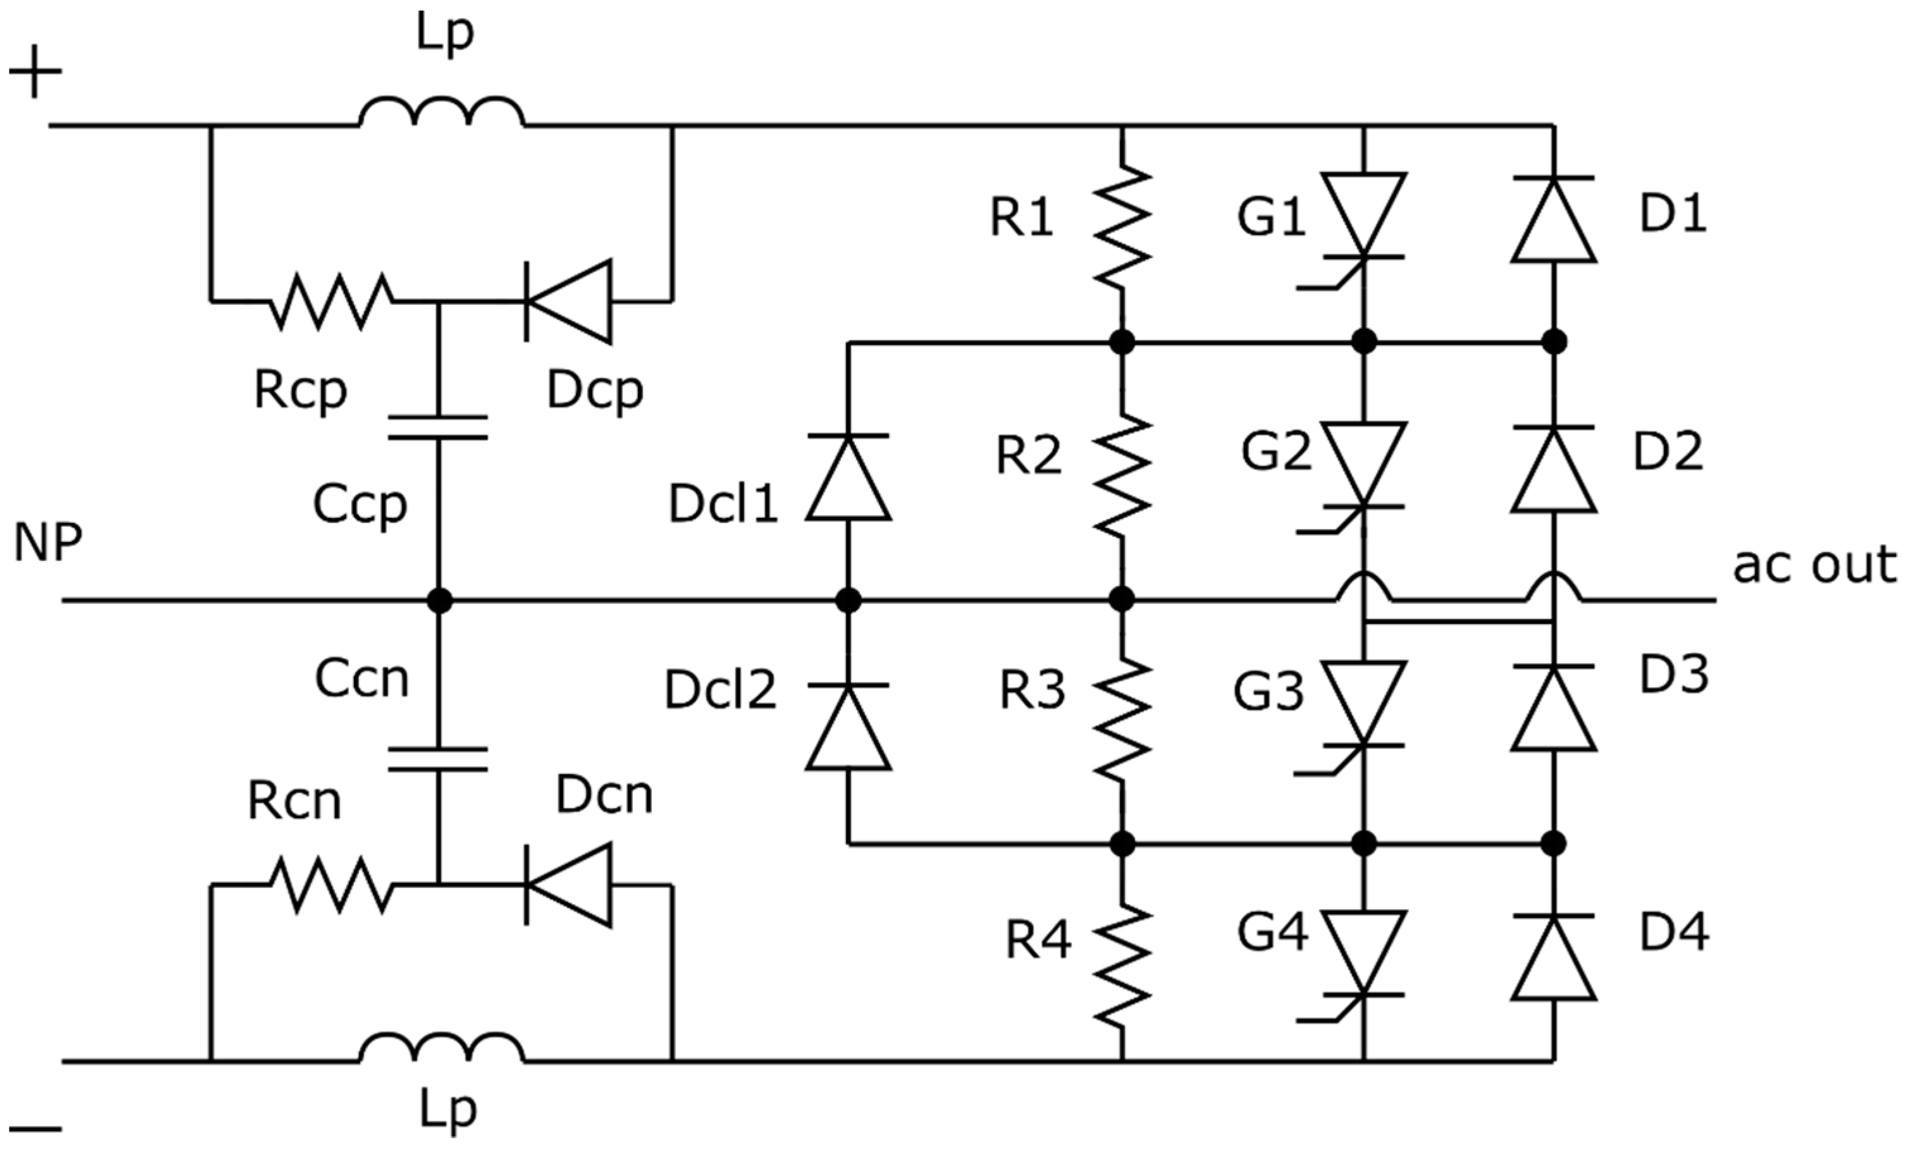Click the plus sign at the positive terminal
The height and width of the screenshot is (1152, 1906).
35,72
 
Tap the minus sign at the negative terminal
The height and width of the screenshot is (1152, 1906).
35,1129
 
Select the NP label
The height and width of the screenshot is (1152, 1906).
48,543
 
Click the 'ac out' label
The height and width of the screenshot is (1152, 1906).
1814,565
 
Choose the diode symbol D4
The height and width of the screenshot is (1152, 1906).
1553,958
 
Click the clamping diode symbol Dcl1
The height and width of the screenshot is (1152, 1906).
849,478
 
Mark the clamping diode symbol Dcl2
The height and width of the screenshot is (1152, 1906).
849,727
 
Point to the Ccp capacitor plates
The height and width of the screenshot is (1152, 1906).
438,428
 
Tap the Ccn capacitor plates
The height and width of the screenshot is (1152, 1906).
438,759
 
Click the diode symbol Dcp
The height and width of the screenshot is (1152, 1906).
568,302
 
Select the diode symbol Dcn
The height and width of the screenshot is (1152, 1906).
568,885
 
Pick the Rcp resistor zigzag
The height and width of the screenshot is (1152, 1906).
331,302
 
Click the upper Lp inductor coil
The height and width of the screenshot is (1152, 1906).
442,113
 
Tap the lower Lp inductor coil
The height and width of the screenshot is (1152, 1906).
442,1049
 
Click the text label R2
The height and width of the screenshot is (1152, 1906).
1028,455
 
